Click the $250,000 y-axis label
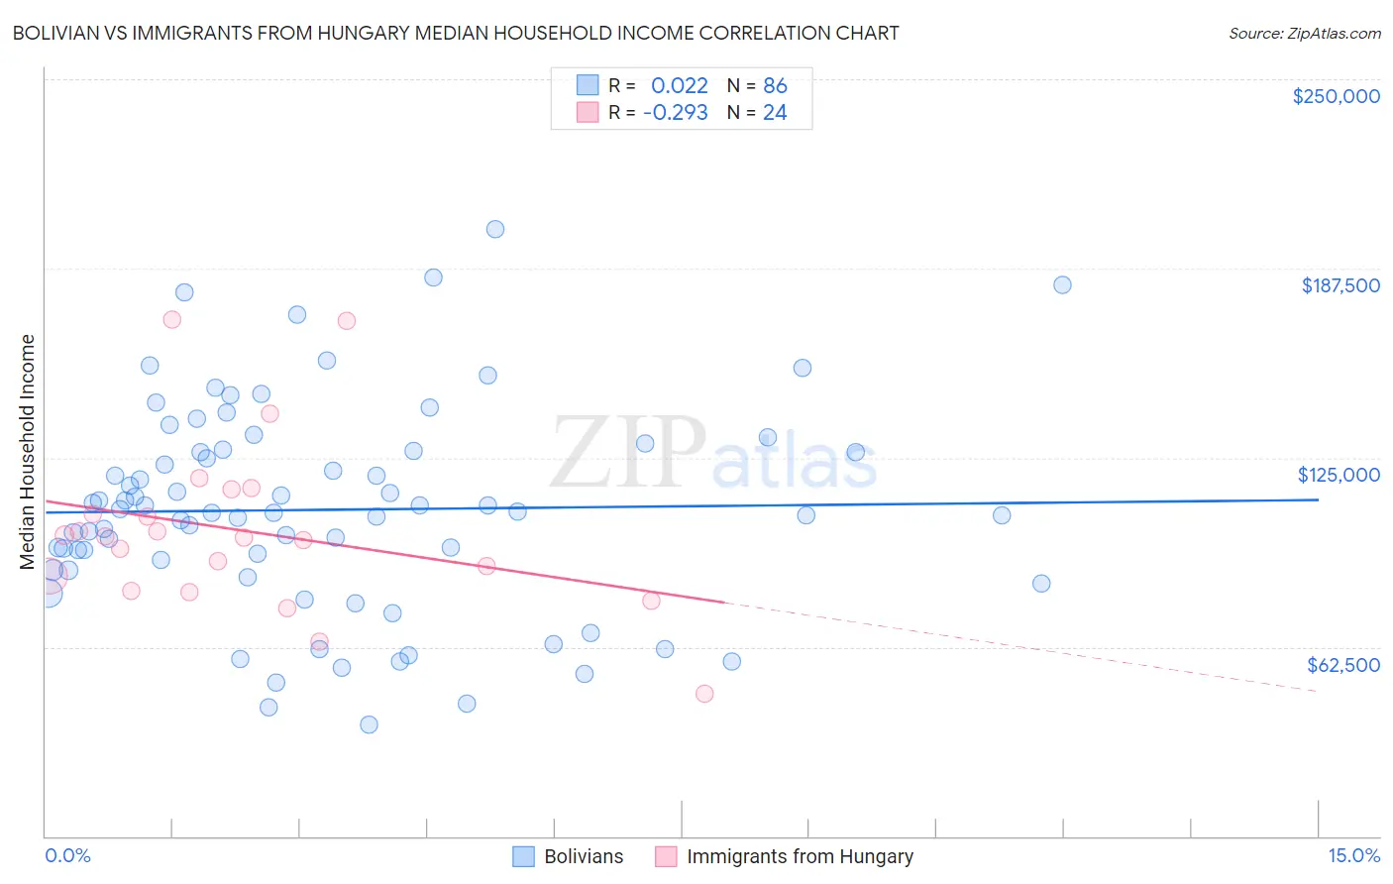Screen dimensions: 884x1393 (1336, 96)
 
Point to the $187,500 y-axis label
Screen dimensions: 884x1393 (1339, 285)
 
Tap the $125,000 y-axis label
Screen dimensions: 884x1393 (1339, 475)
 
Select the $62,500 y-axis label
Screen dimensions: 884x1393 (1342, 665)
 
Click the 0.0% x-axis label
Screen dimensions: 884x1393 (67, 855)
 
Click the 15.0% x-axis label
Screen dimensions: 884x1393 (1353, 855)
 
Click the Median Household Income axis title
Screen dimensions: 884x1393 (28, 452)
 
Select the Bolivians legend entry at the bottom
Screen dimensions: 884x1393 (568, 856)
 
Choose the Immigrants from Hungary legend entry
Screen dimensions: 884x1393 (785, 856)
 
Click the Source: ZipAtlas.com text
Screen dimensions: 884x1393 (1304, 34)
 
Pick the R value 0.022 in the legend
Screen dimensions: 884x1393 (679, 86)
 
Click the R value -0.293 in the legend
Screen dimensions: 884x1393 (675, 113)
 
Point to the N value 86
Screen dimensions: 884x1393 (775, 86)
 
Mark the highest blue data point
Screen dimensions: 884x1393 (495, 229)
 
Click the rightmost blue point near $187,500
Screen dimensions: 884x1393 (1062, 284)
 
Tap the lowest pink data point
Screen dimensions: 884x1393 (704, 694)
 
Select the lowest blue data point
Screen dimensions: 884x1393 (369, 724)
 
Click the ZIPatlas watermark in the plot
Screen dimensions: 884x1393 (713, 454)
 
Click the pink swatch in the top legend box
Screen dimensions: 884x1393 (588, 113)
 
